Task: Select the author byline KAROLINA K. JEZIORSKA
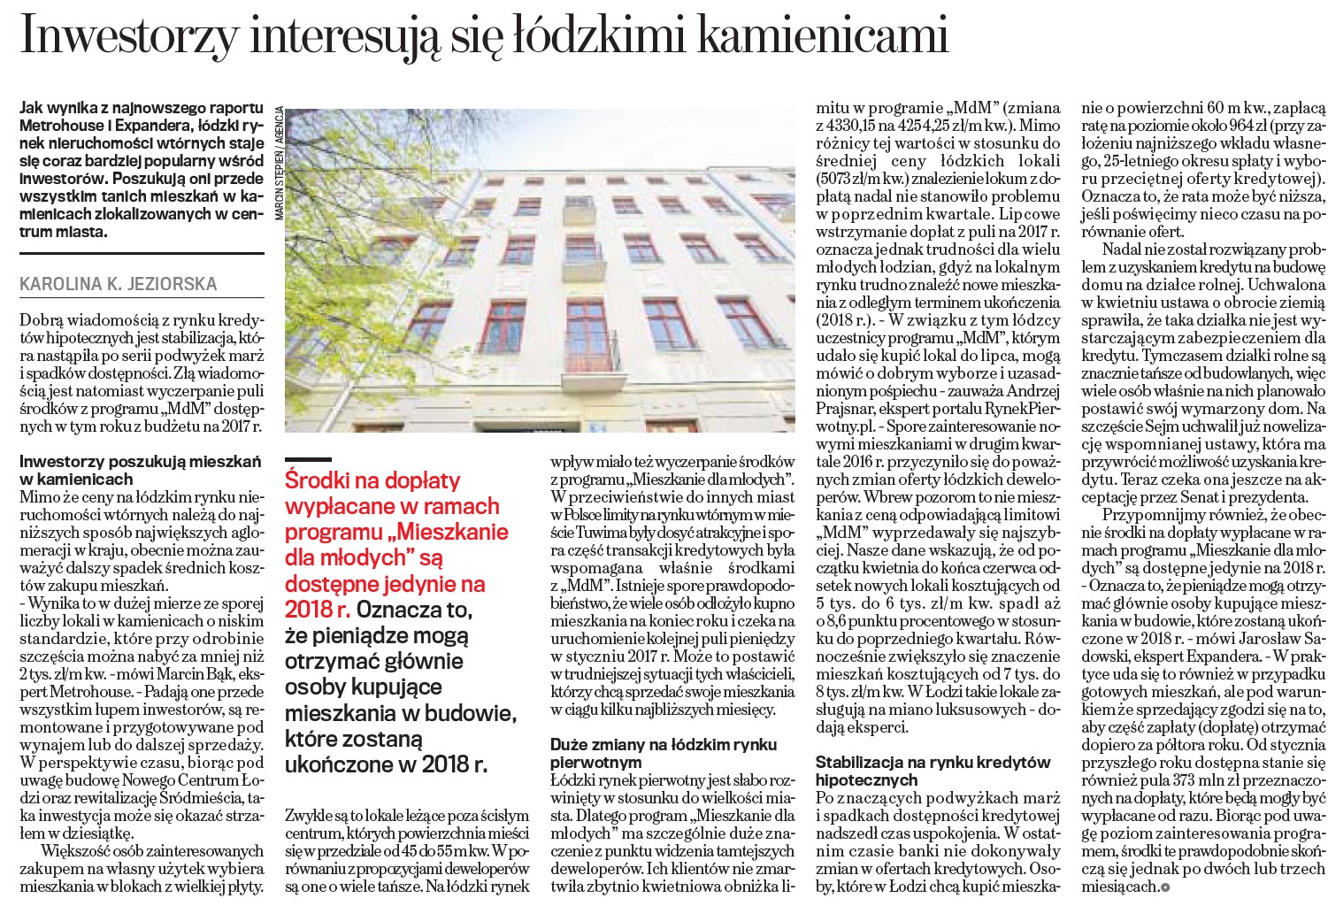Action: click(118, 284)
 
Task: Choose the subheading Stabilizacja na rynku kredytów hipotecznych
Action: click(933, 771)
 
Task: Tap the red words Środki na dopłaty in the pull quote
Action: click(372, 480)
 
